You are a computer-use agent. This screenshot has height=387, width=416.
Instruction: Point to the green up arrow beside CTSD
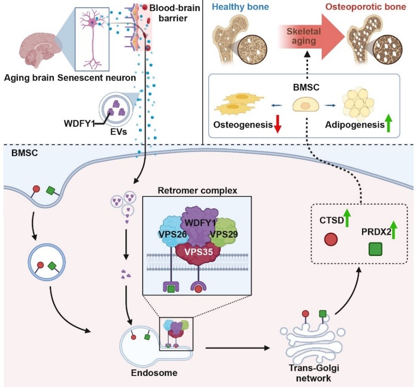[x=348, y=217]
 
